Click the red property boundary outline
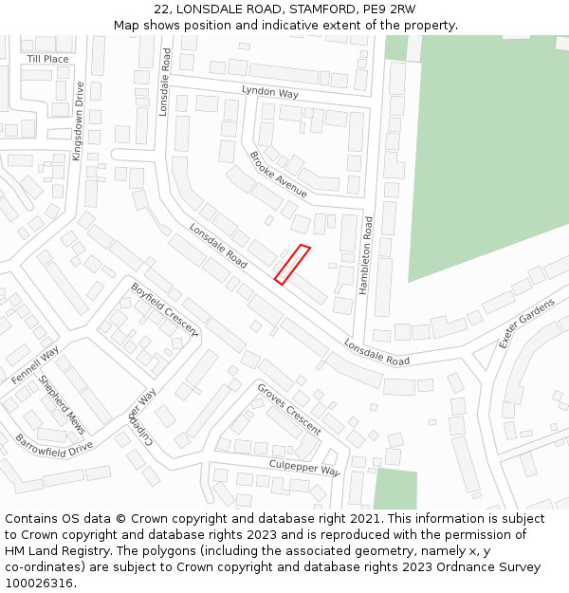292,265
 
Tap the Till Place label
47,59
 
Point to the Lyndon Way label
269,93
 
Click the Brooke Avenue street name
278,174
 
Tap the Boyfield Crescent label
165,309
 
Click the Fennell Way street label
35,365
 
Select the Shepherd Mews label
62,405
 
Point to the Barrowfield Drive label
53,444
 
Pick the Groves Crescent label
289,409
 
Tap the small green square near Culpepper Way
395,489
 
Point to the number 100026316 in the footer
35,584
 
